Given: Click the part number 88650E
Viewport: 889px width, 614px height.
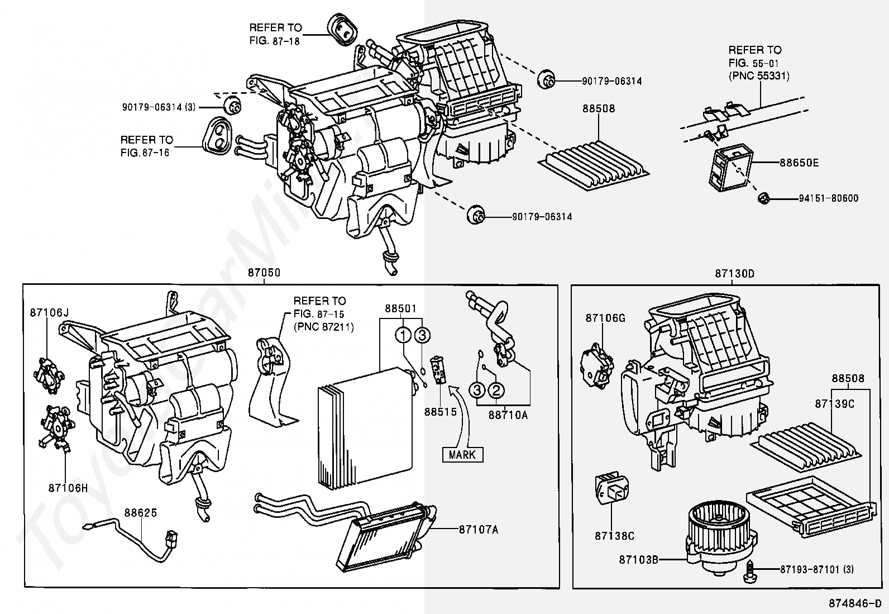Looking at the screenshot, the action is (799, 163).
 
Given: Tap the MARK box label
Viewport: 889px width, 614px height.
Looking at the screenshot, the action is (462, 454).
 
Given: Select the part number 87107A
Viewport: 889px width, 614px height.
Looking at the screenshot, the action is (478, 530).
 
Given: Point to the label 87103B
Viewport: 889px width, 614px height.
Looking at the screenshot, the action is (638, 560).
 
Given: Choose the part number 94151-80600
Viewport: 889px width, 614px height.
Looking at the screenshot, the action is (829, 198).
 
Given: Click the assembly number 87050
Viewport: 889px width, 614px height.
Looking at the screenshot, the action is (264, 273).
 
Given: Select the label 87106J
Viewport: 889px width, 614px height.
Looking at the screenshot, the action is (49, 313).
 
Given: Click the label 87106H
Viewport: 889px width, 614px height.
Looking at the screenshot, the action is (68, 488).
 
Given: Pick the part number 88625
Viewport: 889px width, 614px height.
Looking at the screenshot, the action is (141, 513).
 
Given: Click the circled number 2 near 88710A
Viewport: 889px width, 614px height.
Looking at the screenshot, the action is (496, 391).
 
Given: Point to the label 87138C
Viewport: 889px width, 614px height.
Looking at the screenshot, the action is (614, 536).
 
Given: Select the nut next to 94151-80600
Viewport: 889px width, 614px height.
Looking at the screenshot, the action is (763, 198).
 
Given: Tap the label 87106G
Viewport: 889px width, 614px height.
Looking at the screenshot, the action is (605, 318).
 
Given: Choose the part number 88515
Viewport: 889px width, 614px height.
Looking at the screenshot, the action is (440, 412).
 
